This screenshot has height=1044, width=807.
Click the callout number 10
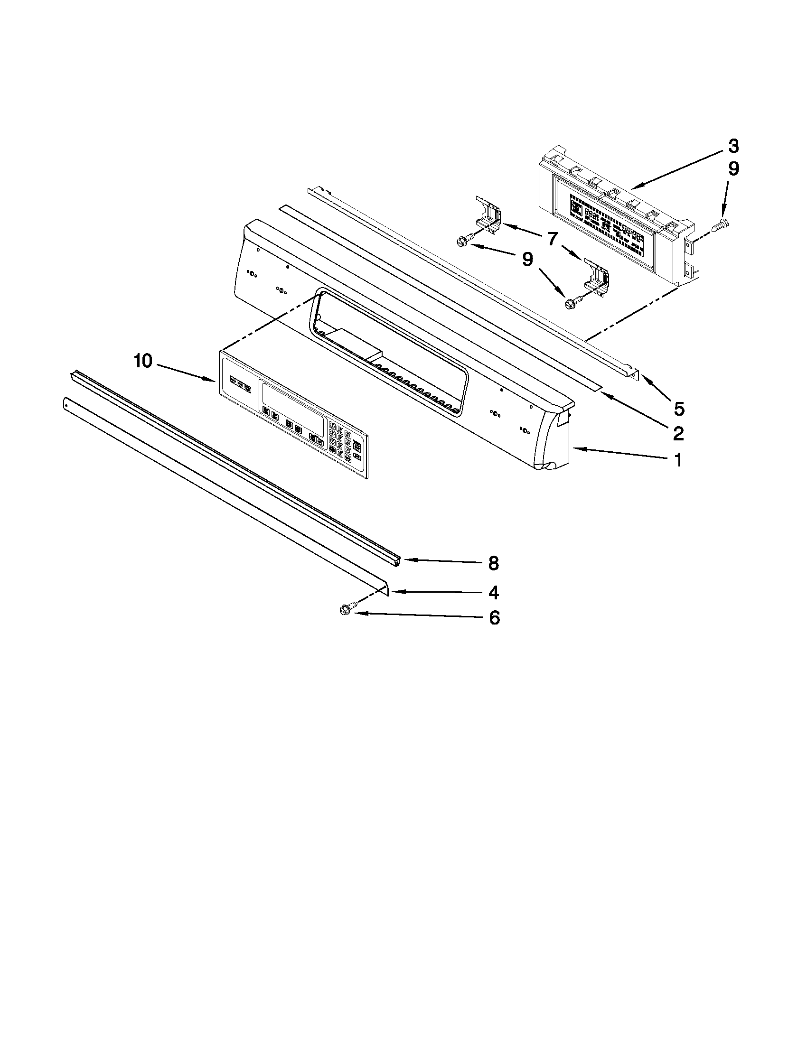(x=142, y=362)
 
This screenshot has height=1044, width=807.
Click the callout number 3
(x=733, y=146)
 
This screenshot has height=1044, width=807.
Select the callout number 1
(x=678, y=460)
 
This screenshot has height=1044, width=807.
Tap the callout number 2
(x=678, y=433)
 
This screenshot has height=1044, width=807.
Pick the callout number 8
(x=493, y=563)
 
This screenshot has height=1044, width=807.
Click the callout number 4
(x=493, y=593)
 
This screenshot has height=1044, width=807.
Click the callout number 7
(x=552, y=238)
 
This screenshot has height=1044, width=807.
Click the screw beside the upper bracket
(x=465, y=240)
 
